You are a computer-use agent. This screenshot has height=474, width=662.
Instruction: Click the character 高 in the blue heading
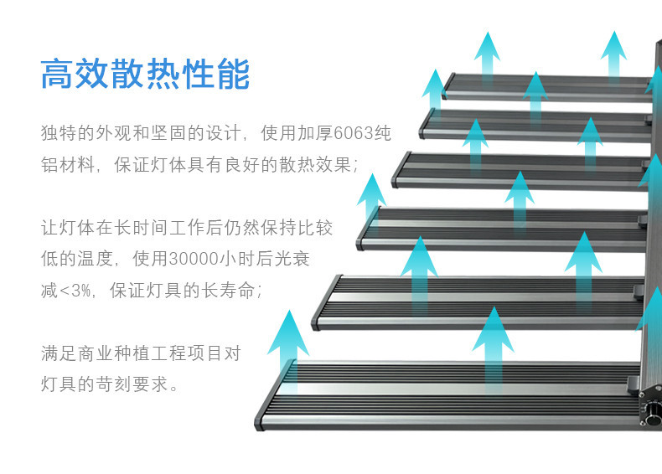[58, 74]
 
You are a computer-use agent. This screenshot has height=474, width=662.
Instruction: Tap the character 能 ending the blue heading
[233, 74]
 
